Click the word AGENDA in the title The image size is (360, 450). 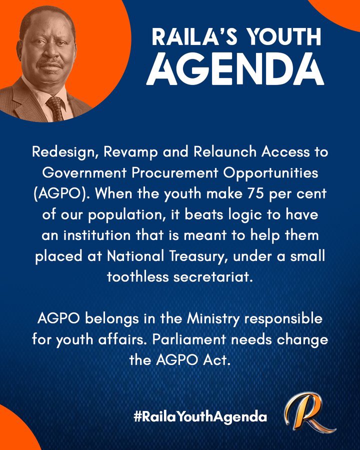pos(235,68)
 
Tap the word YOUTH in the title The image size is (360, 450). pos(284,36)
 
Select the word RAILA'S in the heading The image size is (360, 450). pos(195,36)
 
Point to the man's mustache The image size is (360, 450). pos(49,63)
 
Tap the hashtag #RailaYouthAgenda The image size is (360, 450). pos(200,416)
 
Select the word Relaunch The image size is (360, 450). pos(225,151)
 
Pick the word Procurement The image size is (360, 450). pos(175,172)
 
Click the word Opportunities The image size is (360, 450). pos(270,173)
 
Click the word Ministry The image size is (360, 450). pos(213,319)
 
